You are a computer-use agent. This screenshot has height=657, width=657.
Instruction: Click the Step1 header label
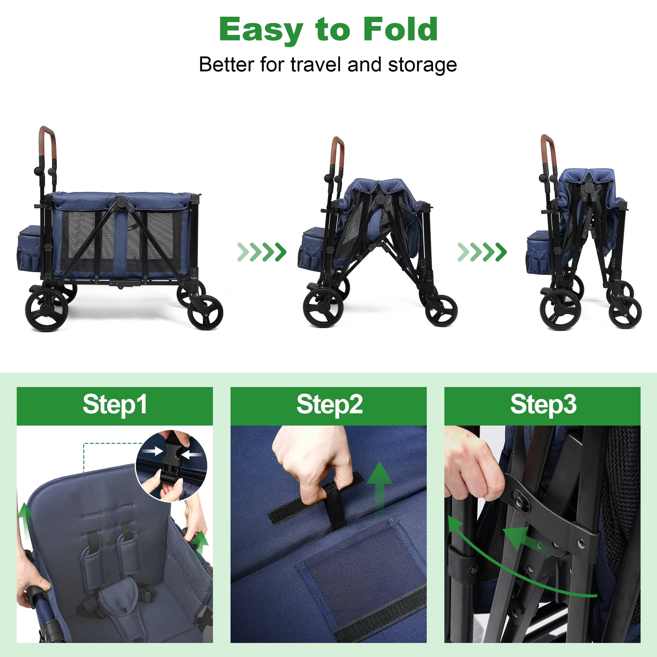[115, 405]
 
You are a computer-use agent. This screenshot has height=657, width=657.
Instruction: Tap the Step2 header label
[329, 405]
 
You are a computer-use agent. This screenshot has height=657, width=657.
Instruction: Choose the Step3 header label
[543, 405]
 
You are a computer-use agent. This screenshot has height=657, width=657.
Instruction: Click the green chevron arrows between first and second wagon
[262, 252]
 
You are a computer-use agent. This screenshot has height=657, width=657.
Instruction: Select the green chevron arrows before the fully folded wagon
[482, 252]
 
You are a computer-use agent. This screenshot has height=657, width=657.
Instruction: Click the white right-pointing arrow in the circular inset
[152, 451]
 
